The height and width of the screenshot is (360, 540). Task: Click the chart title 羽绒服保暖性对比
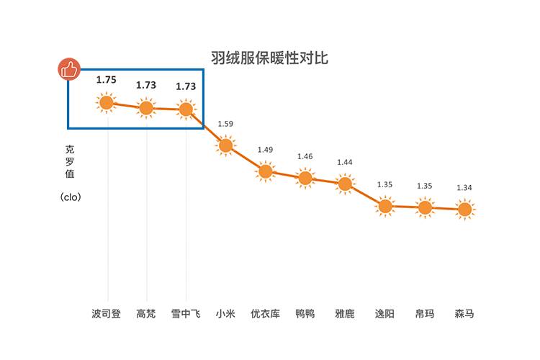pyautogui.click(x=269, y=58)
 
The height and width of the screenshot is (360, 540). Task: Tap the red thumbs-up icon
pyautogui.click(x=68, y=69)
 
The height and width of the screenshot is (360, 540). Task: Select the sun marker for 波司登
pyautogui.click(x=107, y=103)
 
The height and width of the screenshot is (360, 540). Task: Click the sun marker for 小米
pyautogui.click(x=225, y=145)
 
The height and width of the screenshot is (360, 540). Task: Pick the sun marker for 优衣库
pyautogui.click(x=265, y=171)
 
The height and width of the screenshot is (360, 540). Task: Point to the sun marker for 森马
pyautogui.click(x=464, y=210)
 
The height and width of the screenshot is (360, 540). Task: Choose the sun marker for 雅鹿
pyautogui.click(x=345, y=184)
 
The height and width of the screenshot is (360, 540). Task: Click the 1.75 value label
pyautogui.click(x=107, y=80)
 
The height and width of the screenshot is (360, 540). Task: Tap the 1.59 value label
pyautogui.click(x=225, y=124)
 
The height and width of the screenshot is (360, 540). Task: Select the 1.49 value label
pyautogui.click(x=265, y=150)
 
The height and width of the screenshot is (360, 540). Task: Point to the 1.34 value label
pyautogui.click(x=464, y=188)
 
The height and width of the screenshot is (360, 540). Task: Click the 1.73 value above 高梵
pyautogui.click(x=146, y=85)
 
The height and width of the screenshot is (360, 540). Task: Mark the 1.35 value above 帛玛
pyautogui.click(x=425, y=186)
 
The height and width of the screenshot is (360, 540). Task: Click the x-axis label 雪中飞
pyautogui.click(x=186, y=314)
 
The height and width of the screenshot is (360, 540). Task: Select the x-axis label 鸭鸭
pyautogui.click(x=305, y=314)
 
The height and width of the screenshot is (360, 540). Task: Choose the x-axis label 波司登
pyautogui.click(x=107, y=314)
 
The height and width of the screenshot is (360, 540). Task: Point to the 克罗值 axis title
pyautogui.click(x=70, y=161)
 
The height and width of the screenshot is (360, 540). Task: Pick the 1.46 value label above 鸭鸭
pyautogui.click(x=305, y=156)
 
